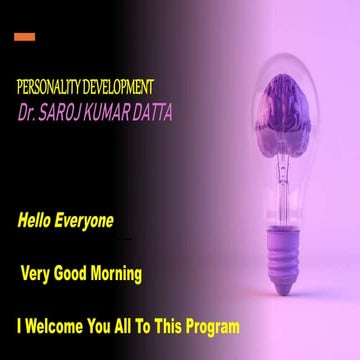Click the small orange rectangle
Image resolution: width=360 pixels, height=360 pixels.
pyautogui.click(x=25, y=37)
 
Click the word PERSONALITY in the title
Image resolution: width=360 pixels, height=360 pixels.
pyautogui.click(x=49, y=88)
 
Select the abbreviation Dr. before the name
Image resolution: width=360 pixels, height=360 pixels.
pyautogui.click(x=28, y=113)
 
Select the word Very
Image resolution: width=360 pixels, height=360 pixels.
pyautogui.click(x=38, y=273)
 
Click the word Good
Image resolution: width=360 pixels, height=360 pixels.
pyautogui.click(x=77, y=273)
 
